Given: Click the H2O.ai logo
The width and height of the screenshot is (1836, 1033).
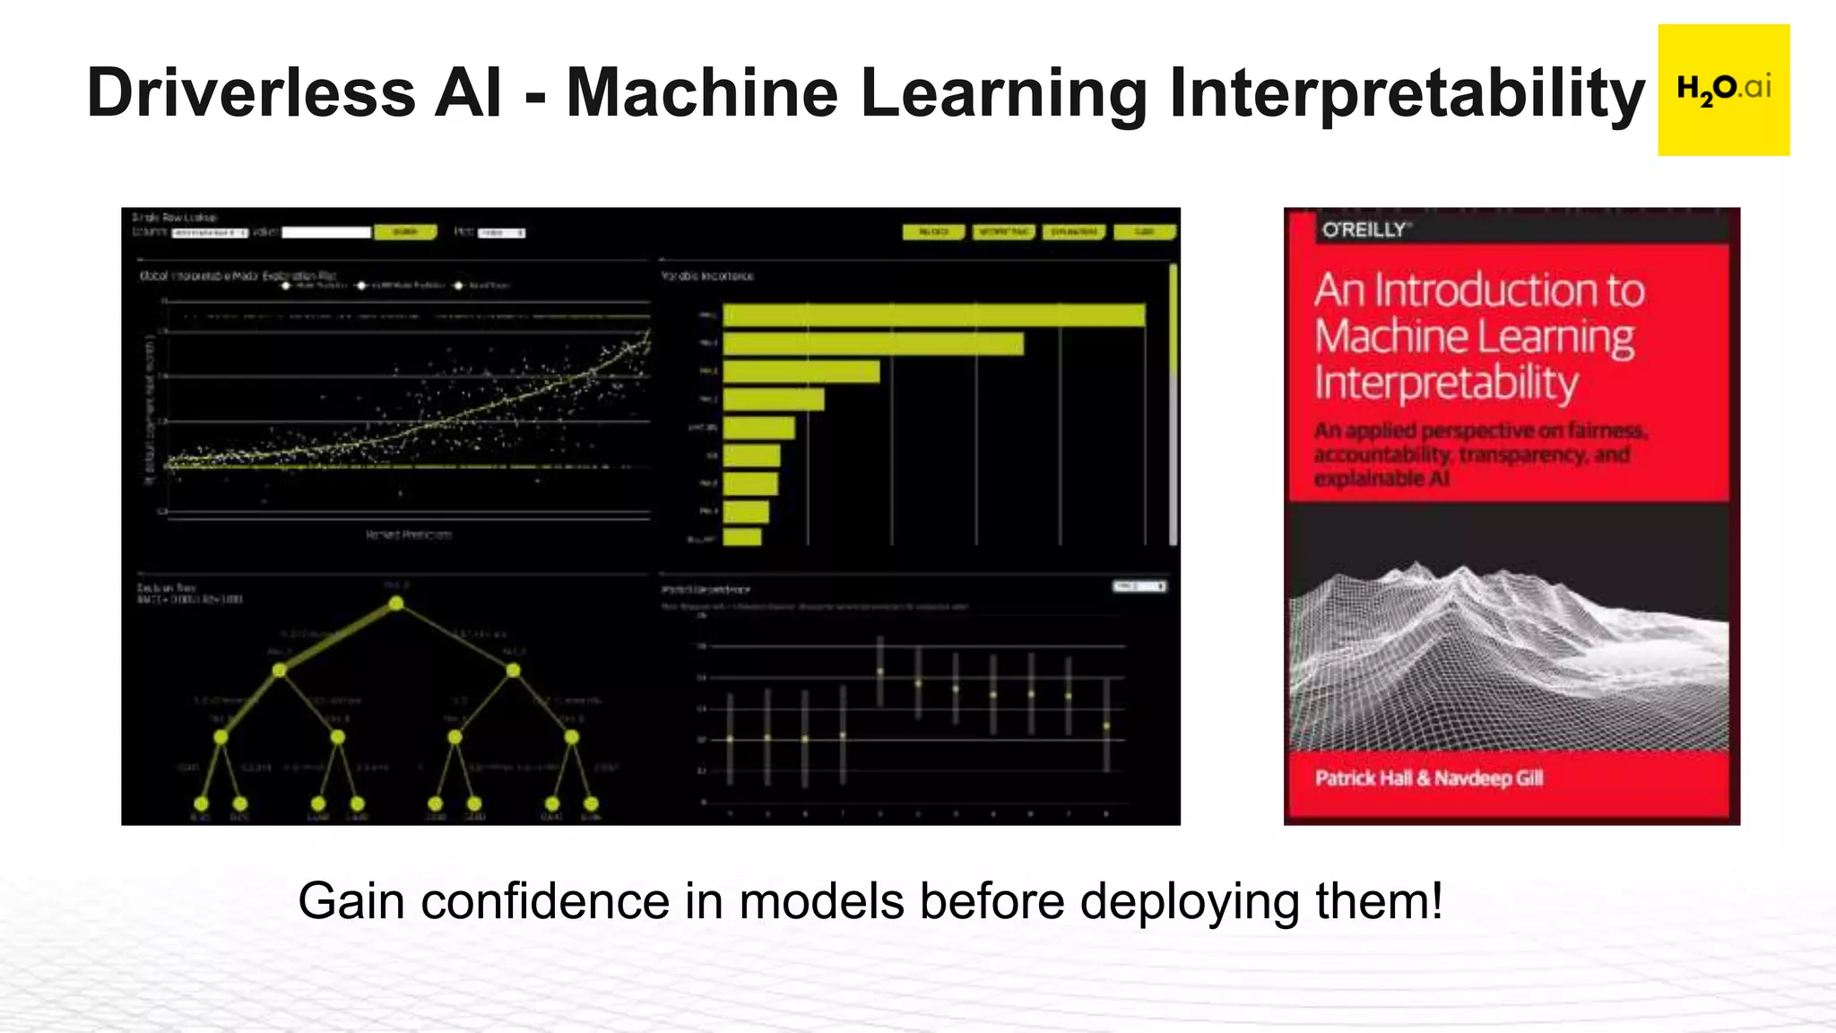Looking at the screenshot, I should [x=1723, y=90].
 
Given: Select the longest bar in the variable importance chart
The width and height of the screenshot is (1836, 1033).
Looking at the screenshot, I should [x=933, y=316].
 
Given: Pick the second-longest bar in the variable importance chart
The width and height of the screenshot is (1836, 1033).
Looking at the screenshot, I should [x=873, y=344].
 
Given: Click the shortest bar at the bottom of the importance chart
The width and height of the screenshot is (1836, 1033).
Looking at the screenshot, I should [x=742, y=537].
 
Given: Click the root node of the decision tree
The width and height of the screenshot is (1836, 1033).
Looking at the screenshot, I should [x=396, y=603].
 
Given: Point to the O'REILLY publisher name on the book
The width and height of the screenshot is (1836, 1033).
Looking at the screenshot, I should [x=1365, y=230].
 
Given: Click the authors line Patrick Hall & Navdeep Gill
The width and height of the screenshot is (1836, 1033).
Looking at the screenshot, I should [x=1429, y=778].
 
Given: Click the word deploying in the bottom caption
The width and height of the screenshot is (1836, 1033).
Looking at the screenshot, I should [x=1189, y=901].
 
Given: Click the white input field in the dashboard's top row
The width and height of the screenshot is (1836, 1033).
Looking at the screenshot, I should [x=326, y=232].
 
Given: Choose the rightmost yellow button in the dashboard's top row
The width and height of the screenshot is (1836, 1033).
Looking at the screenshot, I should [x=1144, y=232].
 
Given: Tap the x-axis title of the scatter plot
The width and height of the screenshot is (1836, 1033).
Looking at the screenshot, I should [x=409, y=535].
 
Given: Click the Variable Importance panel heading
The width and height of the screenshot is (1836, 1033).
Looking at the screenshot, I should [x=707, y=276].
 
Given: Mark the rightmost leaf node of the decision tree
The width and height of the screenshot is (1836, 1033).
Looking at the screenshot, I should [x=591, y=803].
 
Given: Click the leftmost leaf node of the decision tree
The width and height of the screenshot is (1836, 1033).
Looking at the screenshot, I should [x=201, y=803].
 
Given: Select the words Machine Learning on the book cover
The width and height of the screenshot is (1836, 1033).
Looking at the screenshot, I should [x=1475, y=337].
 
